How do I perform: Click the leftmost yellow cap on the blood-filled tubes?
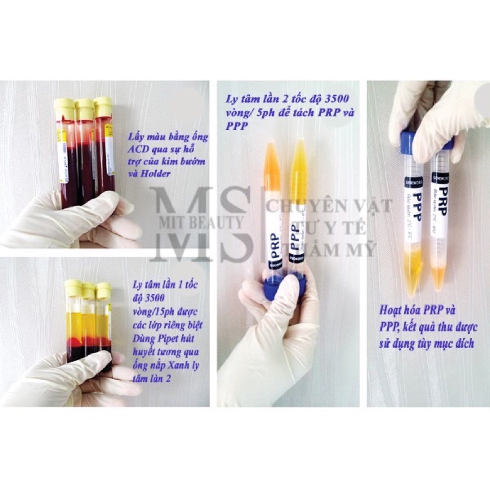pyautogui.click(x=65, y=108)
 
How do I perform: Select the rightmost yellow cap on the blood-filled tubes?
pyautogui.click(x=103, y=106)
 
